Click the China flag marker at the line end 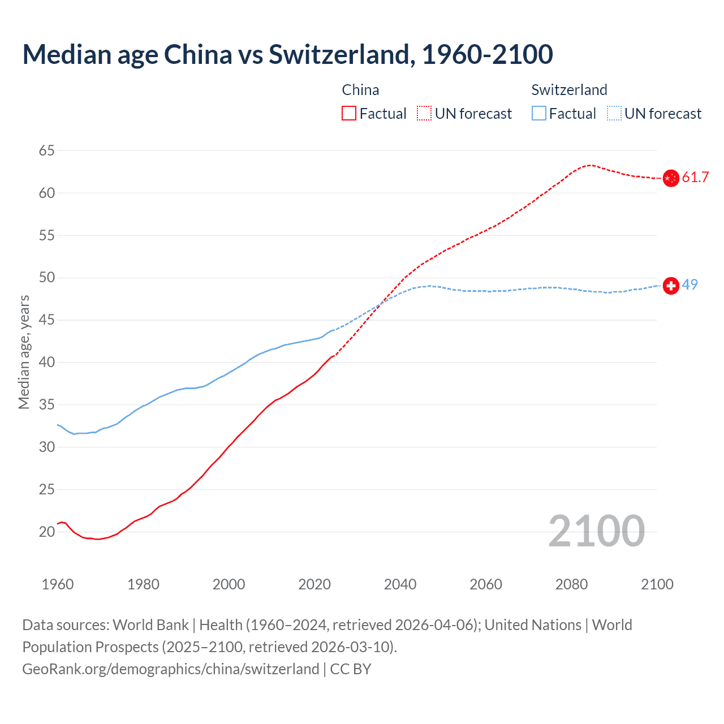[x=671, y=178]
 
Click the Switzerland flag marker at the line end [x=671, y=286]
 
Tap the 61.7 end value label [x=695, y=178]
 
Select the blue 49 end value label [x=689, y=285]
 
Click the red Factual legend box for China [x=349, y=114]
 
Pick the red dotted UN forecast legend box [x=424, y=114]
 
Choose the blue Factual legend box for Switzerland [x=539, y=114]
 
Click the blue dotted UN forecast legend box [x=614, y=114]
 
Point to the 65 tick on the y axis [x=47, y=151]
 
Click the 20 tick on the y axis [x=47, y=532]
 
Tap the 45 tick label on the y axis [x=47, y=320]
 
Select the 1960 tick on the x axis [x=58, y=584]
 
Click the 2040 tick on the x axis [x=400, y=584]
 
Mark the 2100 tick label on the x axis [x=657, y=584]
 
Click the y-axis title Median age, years [x=24, y=352]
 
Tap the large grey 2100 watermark [x=596, y=531]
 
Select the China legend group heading [x=360, y=90]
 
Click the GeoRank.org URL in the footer [x=170, y=669]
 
